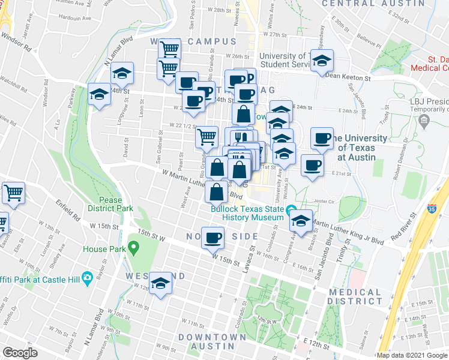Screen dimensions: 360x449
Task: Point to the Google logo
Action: (20, 352)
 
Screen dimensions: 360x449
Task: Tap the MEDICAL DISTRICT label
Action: (355, 296)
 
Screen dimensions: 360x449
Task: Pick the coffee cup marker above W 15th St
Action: (212, 238)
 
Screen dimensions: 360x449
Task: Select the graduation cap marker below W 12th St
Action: (160, 283)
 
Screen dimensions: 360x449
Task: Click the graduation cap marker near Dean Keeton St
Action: (322, 60)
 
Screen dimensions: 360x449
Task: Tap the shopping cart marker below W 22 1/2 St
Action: (206, 136)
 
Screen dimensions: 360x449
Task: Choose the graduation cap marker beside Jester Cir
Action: (301, 221)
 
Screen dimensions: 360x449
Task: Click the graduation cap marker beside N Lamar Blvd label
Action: (122, 73)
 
